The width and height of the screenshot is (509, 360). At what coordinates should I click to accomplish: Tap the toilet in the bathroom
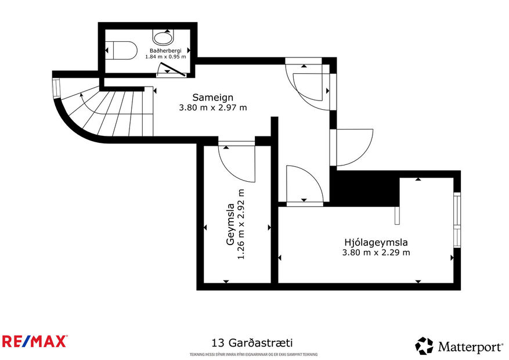(x=122, y=51)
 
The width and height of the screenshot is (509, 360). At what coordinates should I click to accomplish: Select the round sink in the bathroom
(x=163, y=38)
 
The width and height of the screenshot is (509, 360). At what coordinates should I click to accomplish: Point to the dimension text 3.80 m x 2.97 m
(x=213, y=107)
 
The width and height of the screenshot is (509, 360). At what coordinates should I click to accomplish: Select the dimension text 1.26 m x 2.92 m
(x=241, y=224)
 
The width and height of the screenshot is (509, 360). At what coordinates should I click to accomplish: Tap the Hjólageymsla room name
(x=376, y=242)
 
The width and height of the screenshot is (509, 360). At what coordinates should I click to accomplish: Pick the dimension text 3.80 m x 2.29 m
(x=376, y=252)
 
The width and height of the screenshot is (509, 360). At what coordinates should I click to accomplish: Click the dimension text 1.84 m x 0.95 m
(x=165, y=57)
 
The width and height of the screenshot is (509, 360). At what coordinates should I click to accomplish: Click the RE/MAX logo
(x=34, y=341)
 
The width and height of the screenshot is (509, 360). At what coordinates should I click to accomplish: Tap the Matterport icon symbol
(x=424, y=346)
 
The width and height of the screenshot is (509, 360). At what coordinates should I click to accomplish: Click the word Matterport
(x=470, y=347)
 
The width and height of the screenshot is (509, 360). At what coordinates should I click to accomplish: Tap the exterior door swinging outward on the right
(x=354, y=146)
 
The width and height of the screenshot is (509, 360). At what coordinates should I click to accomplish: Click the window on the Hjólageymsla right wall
(x=457, y=218)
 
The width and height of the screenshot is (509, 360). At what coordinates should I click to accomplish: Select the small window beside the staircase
(x=56, y=88)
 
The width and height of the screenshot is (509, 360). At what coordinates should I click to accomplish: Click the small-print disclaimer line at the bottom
(x=253, y=354)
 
